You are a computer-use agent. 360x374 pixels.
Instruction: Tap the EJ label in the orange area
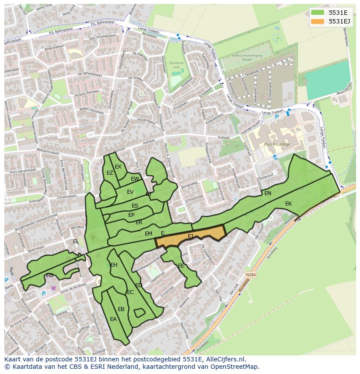[x=191, y=236]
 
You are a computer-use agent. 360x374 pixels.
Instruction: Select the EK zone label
[x=289, y=203]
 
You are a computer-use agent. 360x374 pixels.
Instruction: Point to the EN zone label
[x=268, y=193]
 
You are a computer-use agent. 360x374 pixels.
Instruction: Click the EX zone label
[x=118, y=166]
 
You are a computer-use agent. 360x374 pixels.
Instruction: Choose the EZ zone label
[x=110, y=173]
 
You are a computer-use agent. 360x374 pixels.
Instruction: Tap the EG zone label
[x=50, y=275]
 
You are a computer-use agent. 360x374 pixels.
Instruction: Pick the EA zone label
[x=113, y=319]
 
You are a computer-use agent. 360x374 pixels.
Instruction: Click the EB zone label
[x=121, y=309]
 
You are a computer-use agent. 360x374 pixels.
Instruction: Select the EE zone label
[x=181, y=265]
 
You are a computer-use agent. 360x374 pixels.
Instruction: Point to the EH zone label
[x=114, y=265]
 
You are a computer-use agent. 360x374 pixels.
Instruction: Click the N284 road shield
[x=250, y=275]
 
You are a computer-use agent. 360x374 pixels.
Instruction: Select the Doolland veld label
[x=177, y=65]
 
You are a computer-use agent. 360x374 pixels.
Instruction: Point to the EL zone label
[x=76, y=241]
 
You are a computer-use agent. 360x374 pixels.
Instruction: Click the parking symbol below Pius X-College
[x=275, y=157]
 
